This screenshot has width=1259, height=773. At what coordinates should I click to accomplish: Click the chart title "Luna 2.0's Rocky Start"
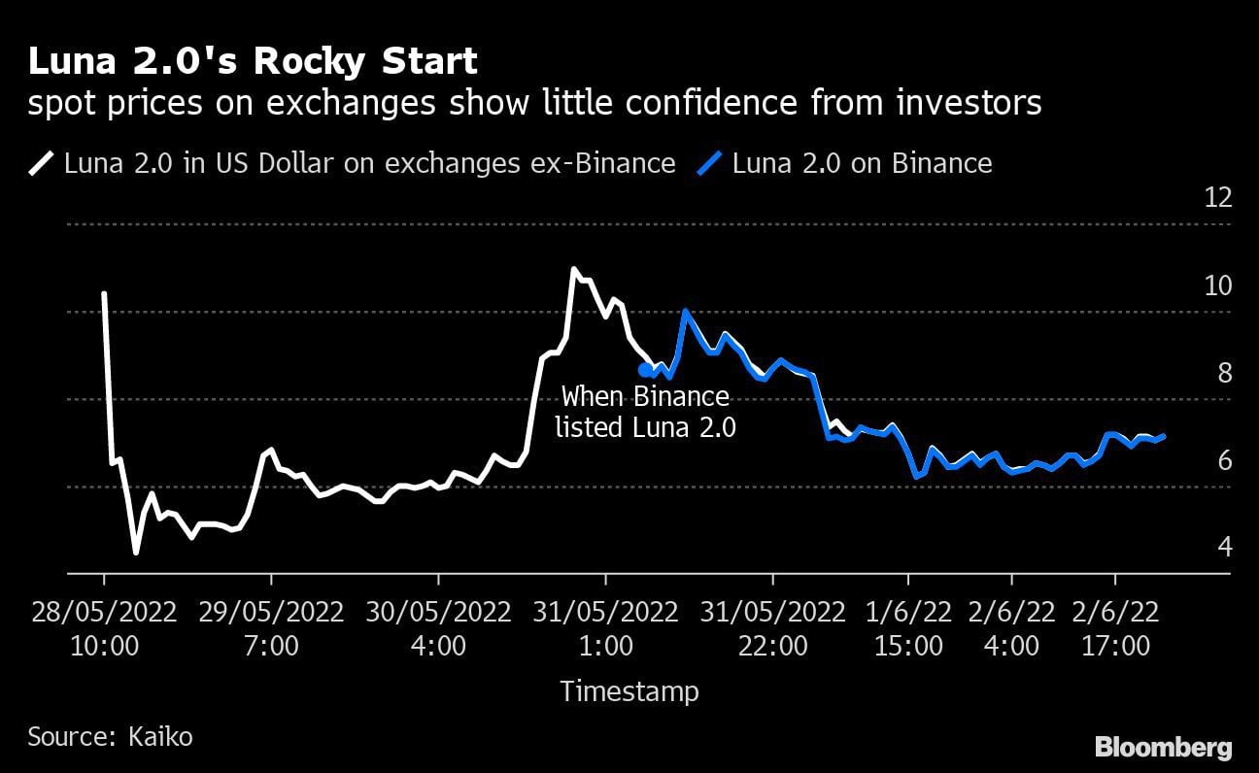tap(253, 61)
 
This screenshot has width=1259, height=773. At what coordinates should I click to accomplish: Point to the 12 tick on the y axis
tap(1217, 198)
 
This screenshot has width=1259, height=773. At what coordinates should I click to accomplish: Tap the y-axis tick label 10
tap(1217, 286)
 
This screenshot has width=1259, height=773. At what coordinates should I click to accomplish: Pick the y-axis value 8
tap(1224, 373)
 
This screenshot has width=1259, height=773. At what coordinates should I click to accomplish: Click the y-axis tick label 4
tap(1224, 548)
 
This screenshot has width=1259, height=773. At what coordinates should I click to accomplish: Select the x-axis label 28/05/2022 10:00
tap(104, 628)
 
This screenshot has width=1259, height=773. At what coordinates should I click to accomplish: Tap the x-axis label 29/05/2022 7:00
tap(271, 628)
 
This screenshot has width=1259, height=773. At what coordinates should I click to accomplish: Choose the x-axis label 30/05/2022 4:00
tap(438, 628)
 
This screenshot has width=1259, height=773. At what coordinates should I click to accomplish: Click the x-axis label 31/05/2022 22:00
tap(772, 628)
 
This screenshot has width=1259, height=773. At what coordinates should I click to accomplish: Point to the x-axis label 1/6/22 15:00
tap(907, 628)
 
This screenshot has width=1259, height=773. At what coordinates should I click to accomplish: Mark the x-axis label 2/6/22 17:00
tap(1114, 628)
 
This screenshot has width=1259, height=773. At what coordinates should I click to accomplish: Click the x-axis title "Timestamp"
tap(629, 691)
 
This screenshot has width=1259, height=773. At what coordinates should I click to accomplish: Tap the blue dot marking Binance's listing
tap(645, 370)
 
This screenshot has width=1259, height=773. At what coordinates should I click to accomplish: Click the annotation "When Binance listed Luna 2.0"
tap(645, 412)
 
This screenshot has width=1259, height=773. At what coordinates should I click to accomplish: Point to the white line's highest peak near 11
tap(573, 269)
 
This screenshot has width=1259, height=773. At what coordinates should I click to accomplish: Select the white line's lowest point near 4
tap(136, 553)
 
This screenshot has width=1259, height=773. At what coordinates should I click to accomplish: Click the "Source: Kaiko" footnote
tap(110, 737)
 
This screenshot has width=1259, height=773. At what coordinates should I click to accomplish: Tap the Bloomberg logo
tap(1163, 748)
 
